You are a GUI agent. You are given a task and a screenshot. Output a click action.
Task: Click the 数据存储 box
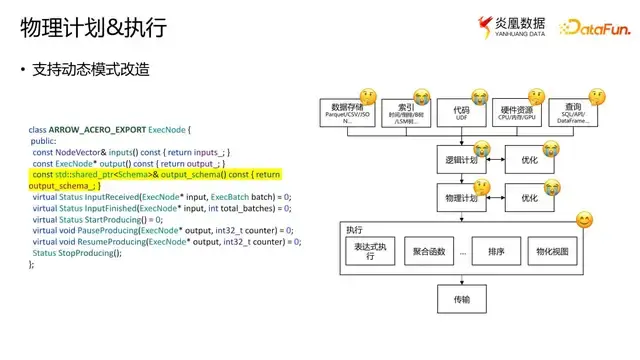click(347, 112)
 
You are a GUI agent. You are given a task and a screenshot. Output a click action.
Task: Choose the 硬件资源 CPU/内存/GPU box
click(517, 112)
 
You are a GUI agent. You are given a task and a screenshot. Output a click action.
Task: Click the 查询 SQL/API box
click(574, 112)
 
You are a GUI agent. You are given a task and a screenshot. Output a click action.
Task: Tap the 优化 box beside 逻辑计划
click(530, 160)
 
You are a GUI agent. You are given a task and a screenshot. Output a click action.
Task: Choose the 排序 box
click(495, 252)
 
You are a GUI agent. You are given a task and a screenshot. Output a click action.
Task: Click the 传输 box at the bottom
click(461, 299)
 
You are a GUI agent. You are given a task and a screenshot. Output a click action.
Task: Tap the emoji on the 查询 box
click(598, 97)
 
